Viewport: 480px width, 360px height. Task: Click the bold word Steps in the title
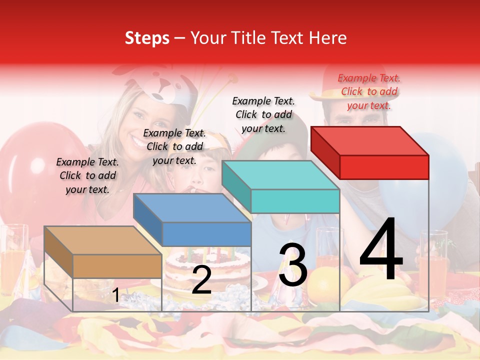(147, 38)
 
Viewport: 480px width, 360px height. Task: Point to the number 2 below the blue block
(201, 280)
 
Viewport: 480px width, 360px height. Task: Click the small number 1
(115, 295)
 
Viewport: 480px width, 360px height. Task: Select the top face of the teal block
(280, 175)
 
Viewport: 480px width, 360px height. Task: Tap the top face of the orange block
(102, 240)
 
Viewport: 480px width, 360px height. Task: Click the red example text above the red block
(369, 91)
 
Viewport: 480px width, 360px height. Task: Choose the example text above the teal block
(263, 114)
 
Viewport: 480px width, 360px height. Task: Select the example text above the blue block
(174, 146)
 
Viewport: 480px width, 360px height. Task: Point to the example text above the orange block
(87, 175)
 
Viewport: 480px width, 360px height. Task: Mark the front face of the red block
(384, 167)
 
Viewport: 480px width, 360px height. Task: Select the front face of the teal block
(295, 201)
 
